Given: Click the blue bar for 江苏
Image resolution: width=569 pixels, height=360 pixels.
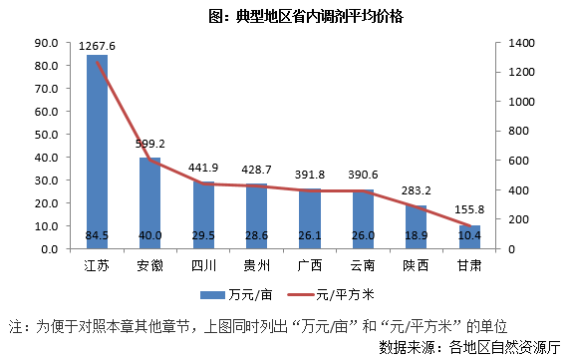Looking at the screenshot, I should (97, 150).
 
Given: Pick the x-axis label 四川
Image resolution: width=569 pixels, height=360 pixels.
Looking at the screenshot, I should (203, 265).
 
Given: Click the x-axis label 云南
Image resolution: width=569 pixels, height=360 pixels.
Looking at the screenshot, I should (363, 265).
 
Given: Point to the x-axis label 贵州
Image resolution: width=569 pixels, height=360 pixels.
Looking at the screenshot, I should (256, 265).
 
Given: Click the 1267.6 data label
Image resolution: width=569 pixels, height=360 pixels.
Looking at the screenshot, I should (98, 46).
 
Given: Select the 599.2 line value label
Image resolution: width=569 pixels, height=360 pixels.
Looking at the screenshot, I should (150, 143).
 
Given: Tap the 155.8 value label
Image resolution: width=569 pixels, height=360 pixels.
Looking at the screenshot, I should (469, 210).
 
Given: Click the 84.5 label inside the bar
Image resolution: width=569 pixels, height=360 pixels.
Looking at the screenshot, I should (98, 235).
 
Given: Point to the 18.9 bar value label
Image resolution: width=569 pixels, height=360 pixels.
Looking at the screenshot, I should (417, 235).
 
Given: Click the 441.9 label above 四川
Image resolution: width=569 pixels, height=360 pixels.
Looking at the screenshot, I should (203, 167).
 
